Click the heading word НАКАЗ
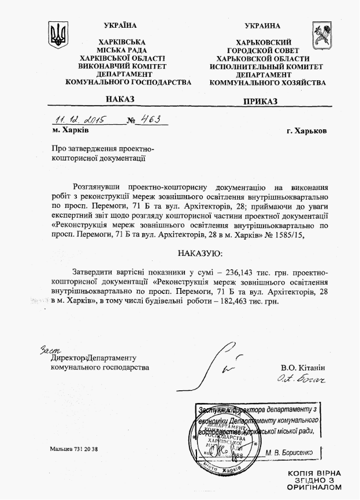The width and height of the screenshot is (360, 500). coord(120,100)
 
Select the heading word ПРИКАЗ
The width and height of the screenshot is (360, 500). coord(260,101)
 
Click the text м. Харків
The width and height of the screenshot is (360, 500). coord(69,130)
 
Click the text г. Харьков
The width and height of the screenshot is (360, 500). coord(306,130)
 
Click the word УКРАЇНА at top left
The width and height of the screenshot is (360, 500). coord(121,26)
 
